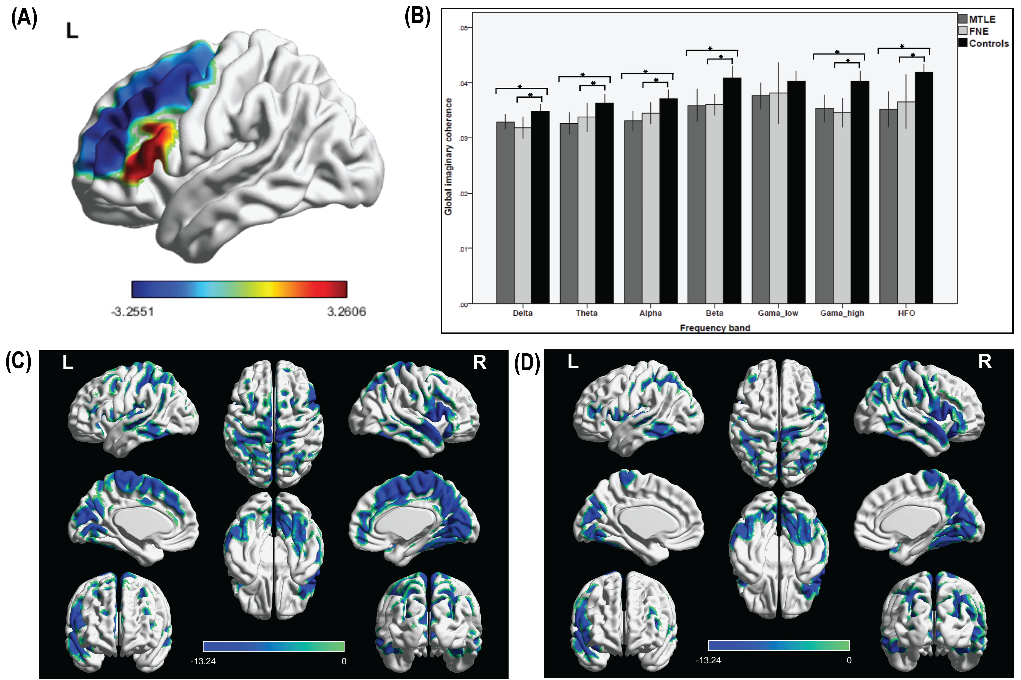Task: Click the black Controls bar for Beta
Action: click(732, 191)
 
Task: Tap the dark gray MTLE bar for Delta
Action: click(505, 212)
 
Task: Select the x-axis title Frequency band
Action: click(715, 328)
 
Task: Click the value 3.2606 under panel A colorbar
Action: click(346, 311)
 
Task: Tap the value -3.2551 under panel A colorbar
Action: click(133, 311)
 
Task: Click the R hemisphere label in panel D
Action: click(985, 361)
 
